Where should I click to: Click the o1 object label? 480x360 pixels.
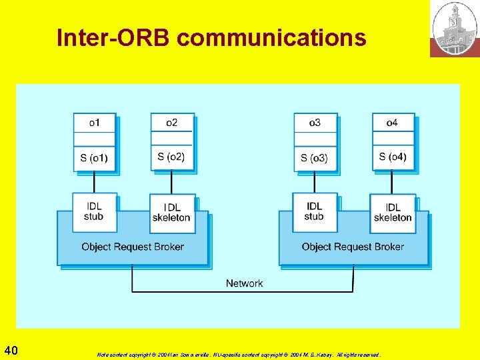pyautogui.click(x=94, y=123)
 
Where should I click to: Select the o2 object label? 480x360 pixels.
pyautogui.click(x=172, y=123)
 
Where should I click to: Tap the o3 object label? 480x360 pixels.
pyautogui.click(x=315, y=123)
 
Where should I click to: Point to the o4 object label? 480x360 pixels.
pyautogui.click(x=393, y=123)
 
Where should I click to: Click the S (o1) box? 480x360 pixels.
pyautogui.click(x=94, y=158)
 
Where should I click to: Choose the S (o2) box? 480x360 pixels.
pyautogui.click(x=171, y=157)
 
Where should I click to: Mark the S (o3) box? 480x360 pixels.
pyautogui.click(x=315, y=158)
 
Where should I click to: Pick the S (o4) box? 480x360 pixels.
pyautogui.click(x=393, y=157)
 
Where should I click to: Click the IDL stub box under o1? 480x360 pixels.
pyautogui.click(x=94, y=211)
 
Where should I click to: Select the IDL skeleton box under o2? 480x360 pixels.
pyautogui.click(x=171, y=213)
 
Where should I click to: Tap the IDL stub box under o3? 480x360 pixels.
pyautogui.click(x=314, y=211)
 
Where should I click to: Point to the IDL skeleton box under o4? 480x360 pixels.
pyautogui.click(x=393, y=213)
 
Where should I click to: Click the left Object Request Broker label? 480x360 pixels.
pyautogui.click(x=133, y=247)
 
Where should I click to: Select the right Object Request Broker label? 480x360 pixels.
pyautogui.click(x=353, y=247)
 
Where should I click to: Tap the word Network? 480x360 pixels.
pyautogui.click(x=244, y=283)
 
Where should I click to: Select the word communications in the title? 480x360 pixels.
pyautogui.click(x=271, y=38)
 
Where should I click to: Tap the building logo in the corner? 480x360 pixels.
pyautogui.click(x=454, y=29)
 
